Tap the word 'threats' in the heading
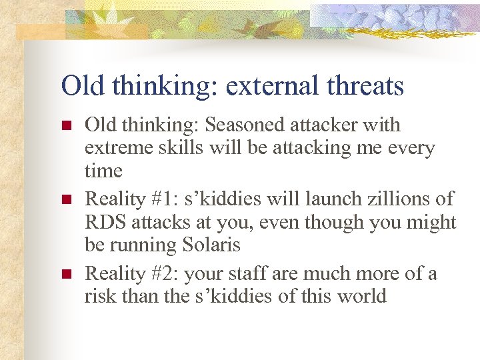click(x=371, y=86)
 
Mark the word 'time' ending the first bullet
click(x=103, y=171)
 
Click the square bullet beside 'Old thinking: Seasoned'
click(x=65, y=125)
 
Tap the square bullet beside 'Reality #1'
click(x=65, y=199)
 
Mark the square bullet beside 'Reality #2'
click(x=65, y=274)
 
